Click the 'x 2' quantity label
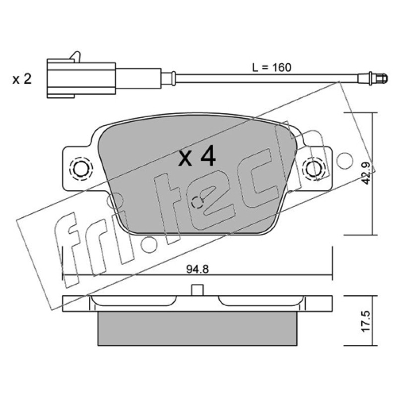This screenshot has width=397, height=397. (x=22, y=79)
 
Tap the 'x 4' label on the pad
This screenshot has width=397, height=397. (x=197, y=156)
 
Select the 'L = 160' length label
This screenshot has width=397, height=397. (x=271, y=67)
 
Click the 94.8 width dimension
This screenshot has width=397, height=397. (x=198, y=269)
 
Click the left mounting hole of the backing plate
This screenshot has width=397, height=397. (x=81, y=168)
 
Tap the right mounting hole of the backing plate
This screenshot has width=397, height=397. (x=315, y=169)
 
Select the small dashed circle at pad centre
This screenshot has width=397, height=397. (x=197, y=202)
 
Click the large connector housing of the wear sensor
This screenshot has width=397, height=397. (x=81, y=78)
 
